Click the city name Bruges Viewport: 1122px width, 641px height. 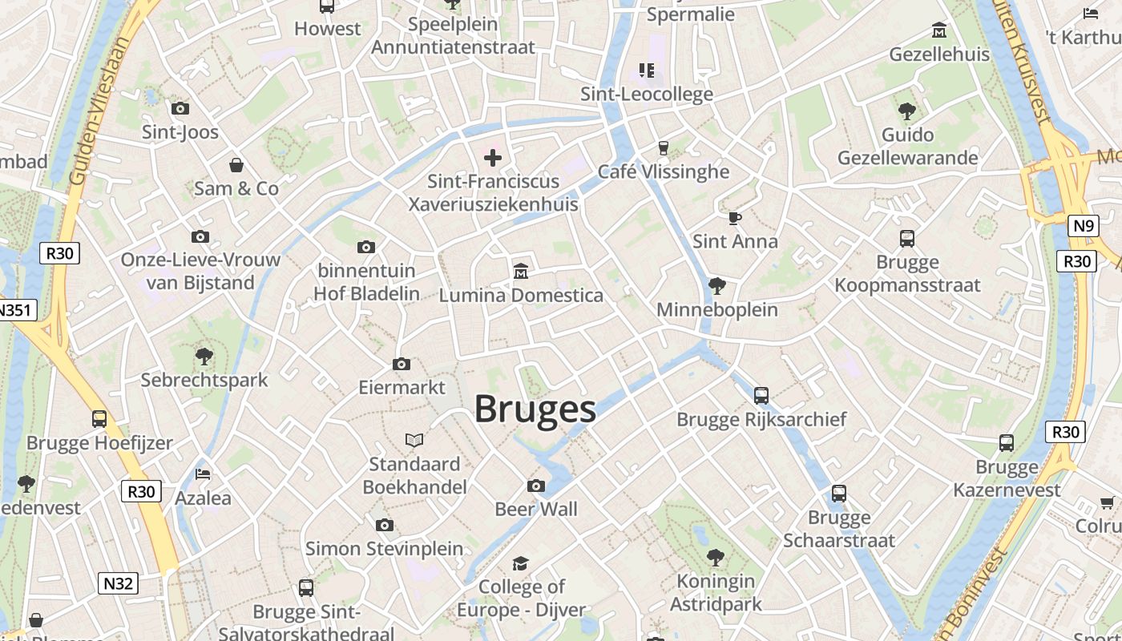point(535,409)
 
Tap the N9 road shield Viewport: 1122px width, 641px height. point(1083,226)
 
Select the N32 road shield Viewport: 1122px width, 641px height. point(118,583)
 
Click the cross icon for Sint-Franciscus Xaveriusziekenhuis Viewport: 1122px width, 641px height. point(493,157)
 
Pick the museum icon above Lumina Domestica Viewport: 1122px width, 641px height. point(521,271)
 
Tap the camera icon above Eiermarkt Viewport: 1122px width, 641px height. point(402,364)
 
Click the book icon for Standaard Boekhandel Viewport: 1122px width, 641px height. point(414,440)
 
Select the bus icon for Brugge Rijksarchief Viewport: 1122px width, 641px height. point(761,395)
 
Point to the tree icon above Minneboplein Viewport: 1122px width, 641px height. point(717,285)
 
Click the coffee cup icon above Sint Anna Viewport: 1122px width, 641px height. point(735,217)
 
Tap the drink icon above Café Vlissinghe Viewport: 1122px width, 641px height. point(663,147)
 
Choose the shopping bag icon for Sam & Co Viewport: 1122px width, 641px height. point(236,165)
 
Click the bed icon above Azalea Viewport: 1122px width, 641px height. point(203,474)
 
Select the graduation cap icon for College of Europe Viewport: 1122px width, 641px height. point(521,563)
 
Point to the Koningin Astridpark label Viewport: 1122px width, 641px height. point(716,592)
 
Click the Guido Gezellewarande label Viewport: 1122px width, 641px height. point(907,146)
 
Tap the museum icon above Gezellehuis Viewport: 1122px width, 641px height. point(939,30)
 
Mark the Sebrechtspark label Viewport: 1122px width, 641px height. point(204,380)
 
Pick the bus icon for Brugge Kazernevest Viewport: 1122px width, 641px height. point(1006,442)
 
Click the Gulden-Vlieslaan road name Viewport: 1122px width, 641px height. point(99,111)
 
